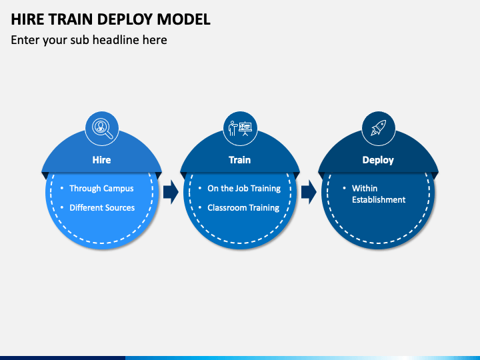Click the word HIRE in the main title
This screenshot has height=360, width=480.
(27, 19)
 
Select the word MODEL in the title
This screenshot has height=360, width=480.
(184, 19)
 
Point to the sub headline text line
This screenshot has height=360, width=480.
(89, 40)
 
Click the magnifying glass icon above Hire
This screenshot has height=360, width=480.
(102, 128)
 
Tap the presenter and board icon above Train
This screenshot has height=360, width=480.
(240, 128)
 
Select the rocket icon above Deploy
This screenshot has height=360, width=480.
(379, 127)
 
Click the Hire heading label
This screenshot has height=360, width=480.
(101, 160)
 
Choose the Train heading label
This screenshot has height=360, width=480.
(240, 160)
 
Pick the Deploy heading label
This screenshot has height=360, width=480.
(378, 161)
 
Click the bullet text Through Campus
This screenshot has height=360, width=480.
(101, 189)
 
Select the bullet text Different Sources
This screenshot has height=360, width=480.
(102, 208)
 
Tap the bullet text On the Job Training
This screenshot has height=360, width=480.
(244, 189)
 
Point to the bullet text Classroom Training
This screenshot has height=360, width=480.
(243, 208)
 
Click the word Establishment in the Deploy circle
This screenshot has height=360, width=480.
(379, 200)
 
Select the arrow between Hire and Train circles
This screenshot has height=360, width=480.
(171, 192)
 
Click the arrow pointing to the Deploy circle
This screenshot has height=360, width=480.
(309, 192)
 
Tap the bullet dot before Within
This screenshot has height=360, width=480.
(345, 188)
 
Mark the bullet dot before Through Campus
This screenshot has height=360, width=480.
(62, 188)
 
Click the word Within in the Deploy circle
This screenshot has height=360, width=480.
(365, 188)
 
